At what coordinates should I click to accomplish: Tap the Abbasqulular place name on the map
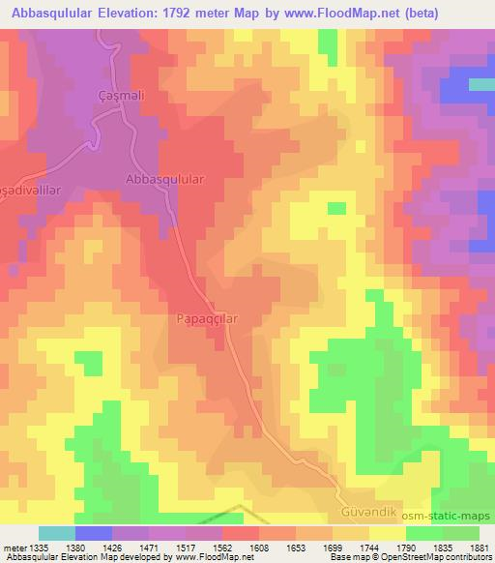161,180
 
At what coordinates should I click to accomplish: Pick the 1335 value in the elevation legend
40,547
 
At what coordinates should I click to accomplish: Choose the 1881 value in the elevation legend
477,547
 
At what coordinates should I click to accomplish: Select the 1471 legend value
148,547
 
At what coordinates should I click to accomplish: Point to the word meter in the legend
14,547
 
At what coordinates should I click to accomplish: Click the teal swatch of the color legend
57,533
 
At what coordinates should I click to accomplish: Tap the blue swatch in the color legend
94,533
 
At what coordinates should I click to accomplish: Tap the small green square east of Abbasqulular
336,208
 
